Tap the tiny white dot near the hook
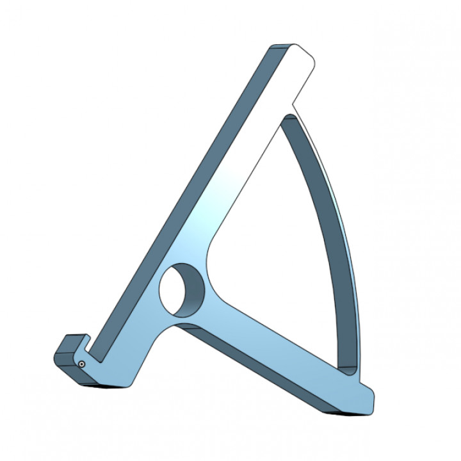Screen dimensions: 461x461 pos(83,364)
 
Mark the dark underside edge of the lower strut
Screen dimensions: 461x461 pos(256,365)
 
